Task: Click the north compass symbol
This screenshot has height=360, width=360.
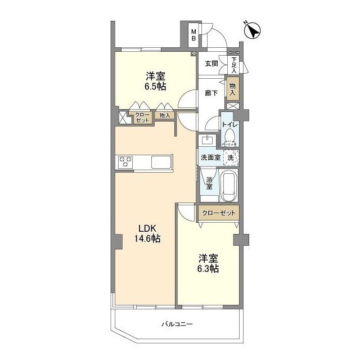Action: tap(252, 30)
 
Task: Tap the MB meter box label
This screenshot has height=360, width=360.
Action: tap(193, 35)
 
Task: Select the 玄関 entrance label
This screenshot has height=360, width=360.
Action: tap(211, 64)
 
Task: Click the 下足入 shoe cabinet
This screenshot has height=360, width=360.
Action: tap(234, 65)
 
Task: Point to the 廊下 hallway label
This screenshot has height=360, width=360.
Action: tap(211, 93)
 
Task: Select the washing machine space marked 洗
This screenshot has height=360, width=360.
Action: tap(231, 157)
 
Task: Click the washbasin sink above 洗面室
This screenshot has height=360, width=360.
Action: tap(208, 140)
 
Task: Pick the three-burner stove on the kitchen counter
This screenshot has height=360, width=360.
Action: tap(125, 161)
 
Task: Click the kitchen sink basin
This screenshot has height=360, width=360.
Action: tap(161, 162)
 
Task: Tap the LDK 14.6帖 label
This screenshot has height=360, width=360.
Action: tap(147, 233)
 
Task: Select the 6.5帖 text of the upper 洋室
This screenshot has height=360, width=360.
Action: tap(155, 86)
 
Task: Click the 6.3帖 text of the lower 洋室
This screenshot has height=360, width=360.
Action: tap(208, 268)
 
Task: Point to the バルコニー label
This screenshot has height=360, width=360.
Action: tap(177, 324)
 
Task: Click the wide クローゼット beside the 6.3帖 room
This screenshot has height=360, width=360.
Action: tap(219, 213)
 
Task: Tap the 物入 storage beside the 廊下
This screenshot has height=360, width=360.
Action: tap(233, 89)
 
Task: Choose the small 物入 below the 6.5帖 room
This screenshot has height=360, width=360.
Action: tap(165, 115)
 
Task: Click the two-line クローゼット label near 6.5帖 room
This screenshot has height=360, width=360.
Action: tap(142, 118)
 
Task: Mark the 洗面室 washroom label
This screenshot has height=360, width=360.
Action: tap(210, 157)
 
